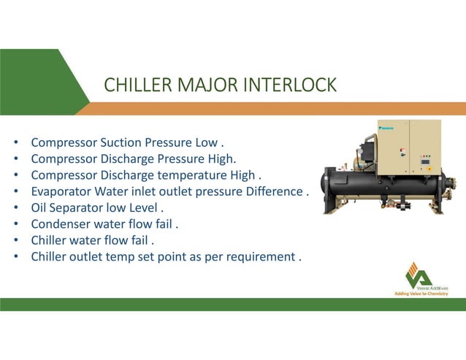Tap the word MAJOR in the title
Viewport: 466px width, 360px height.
(205, 85)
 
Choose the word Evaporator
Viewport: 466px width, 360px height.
(61, 191)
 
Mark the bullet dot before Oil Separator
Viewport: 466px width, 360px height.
(16, 208)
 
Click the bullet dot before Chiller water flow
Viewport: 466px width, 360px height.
(16, 240)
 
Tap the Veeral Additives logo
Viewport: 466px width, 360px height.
(419, 275)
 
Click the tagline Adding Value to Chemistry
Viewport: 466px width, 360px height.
(421, 294)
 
